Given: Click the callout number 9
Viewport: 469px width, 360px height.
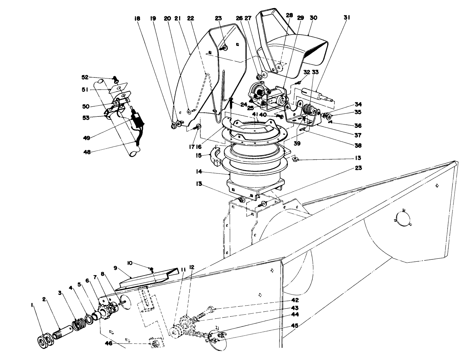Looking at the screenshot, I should tap(115, 268).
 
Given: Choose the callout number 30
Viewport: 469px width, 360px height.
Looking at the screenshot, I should tap(313, 18).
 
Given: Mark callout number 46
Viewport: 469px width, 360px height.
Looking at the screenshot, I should tap(109, 343).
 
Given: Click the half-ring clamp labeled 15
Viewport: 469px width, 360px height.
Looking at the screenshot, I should tap(215, 157).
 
